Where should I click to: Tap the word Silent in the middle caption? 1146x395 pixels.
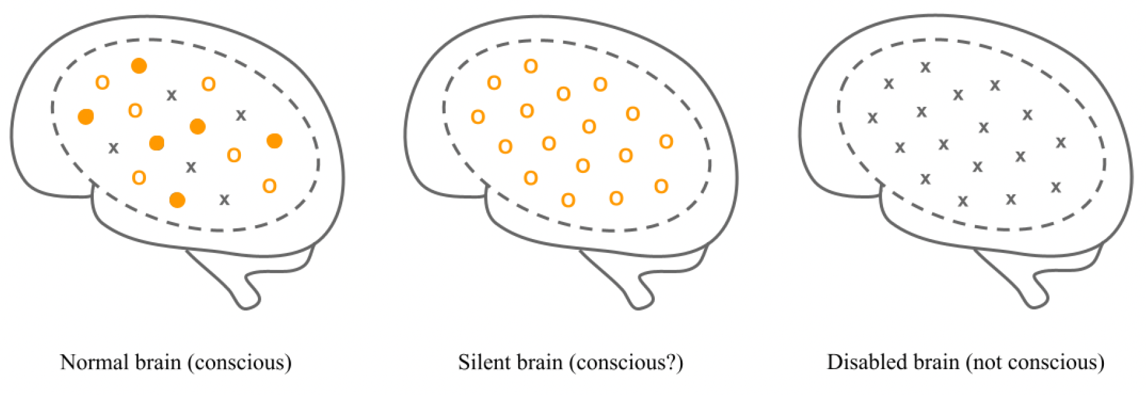click(x=480, y=362)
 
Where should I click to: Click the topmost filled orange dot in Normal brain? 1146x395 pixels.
click(x=139, y=66)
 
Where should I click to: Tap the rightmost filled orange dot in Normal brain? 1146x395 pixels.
click(x=274, y=141)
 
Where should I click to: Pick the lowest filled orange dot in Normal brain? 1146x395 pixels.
click(x=177, y=200)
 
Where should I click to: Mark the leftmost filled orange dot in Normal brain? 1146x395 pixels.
click(x=86, y=116)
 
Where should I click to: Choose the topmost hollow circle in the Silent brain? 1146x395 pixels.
click(x=531, y=66)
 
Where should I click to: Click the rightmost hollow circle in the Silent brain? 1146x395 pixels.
click(x=666, y=142)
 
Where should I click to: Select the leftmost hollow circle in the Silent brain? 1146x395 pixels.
click(x=478, y=117)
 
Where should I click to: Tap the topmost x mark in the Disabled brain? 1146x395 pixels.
click(x=925, y=67)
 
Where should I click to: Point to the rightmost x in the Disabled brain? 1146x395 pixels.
click(x=1061, y=143)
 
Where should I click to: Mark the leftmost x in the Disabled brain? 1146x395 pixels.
click(x=872, y=118)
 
